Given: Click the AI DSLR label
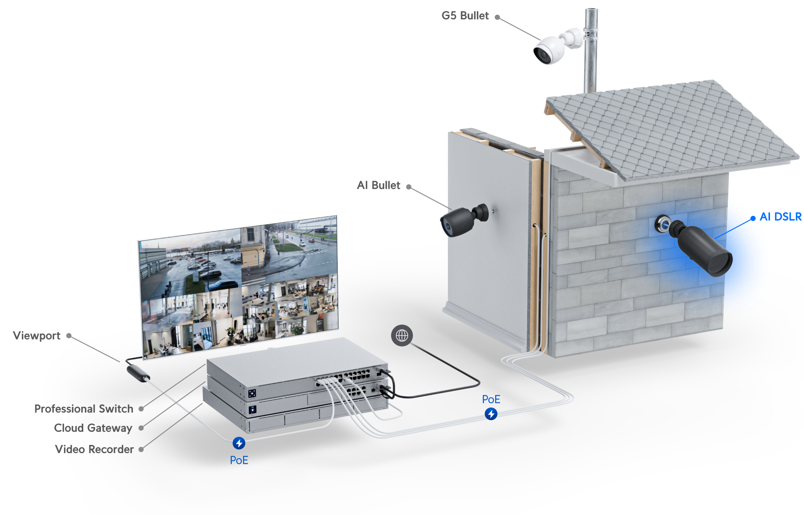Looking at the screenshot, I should [780, 217].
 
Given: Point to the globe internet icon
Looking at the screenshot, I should [402, 336].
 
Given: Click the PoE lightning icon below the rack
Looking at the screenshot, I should [239, 443].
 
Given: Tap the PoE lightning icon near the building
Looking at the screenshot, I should [491, 414].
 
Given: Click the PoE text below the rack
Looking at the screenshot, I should [239, 461].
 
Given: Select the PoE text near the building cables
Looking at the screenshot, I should [491, 399].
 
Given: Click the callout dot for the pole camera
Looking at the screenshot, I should [497, 17].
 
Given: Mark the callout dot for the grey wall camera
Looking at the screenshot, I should [409, 187].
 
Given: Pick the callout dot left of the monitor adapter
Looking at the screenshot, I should [69, 336].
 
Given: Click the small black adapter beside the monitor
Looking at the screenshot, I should [138, 373].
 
